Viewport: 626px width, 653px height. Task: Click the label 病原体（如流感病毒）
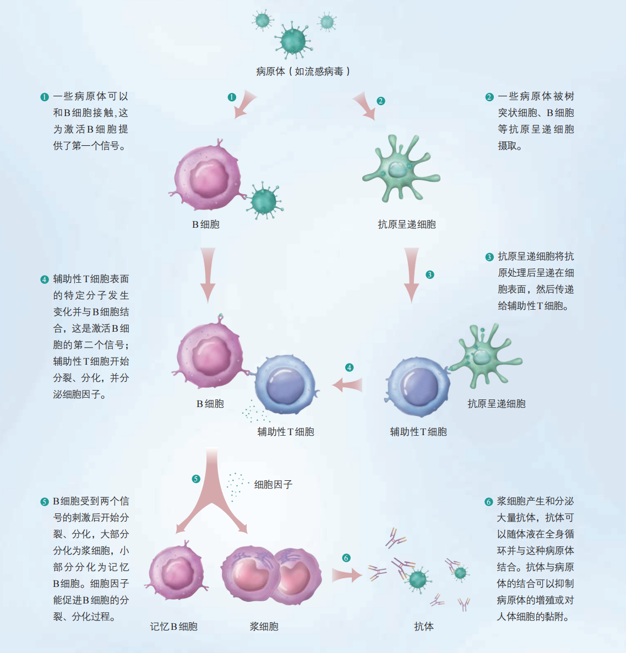pos(303,72)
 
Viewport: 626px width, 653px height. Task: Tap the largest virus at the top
pos(293,41)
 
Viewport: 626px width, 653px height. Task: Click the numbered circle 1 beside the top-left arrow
pos(232,97)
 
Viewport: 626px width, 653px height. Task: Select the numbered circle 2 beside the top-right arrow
pos(380,101)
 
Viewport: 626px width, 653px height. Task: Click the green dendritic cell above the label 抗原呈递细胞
pos(400,169)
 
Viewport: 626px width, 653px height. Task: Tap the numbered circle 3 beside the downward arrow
pos(429,275)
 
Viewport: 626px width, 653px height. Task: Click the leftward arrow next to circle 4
pos(347,385)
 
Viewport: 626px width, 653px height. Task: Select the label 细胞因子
pos(274,484)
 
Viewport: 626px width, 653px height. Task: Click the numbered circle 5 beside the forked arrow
pos(196,479)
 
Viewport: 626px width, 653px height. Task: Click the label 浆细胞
pos(264,627)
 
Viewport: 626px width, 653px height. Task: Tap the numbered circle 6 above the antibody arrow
pos(346,558)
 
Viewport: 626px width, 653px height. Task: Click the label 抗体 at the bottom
pos(424,627)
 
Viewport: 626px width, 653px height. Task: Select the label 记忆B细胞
pos(173,627)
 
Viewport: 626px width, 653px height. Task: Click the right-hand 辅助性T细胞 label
pos(418,432)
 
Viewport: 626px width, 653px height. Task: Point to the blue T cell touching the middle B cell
pos(286,384)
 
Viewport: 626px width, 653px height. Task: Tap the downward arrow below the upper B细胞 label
pos(208,275)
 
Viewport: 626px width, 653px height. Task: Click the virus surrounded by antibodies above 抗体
pos(418,579)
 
